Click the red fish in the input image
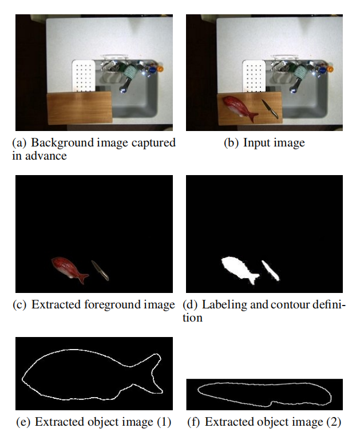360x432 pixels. click(240, 108)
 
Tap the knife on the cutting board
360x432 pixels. click(270, 109)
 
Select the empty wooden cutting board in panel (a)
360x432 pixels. click(80, 108)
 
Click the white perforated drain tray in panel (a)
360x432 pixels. click(84, 76)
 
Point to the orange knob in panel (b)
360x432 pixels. click(330, 69)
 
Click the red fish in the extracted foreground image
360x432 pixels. click(70, 269)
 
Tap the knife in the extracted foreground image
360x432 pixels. click(100, 270)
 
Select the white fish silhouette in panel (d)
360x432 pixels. click(239, 269)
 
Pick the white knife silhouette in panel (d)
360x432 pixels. click(270, 270)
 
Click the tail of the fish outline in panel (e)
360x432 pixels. click(151, 373)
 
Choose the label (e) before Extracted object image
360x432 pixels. click(23, 422)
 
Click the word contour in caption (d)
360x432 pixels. click(290, 305)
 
